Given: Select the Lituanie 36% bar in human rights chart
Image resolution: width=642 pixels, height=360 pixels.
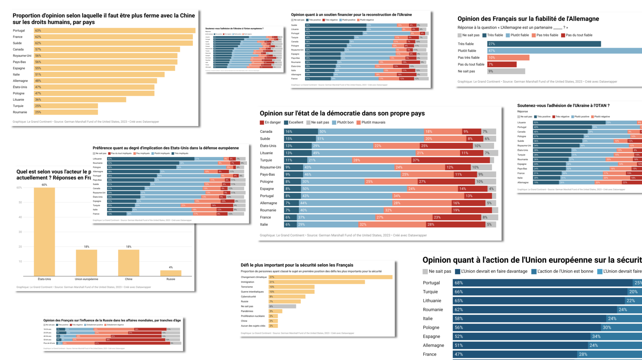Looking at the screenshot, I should click(x=80, y=100).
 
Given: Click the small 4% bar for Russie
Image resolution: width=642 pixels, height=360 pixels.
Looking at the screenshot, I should click(x=171, y=273).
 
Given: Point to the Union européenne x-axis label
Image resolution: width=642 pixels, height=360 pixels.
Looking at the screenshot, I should click(x=86, y=279).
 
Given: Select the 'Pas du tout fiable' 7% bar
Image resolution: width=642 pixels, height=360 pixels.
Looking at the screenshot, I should click(x=502, y=64).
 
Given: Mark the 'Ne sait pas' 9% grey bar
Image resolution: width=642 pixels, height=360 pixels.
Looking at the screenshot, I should click(x=506, y=71).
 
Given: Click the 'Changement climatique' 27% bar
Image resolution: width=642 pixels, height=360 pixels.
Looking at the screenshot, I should click(x=330, y=277).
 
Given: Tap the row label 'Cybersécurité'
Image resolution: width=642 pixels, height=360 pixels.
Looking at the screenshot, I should click(x=248, y=296).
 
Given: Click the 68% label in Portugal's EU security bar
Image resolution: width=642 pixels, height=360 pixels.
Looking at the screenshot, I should click(x=458, y=283).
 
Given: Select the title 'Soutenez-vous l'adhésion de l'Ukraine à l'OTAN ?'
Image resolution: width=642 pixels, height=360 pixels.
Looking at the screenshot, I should click(x=563, y=106).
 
